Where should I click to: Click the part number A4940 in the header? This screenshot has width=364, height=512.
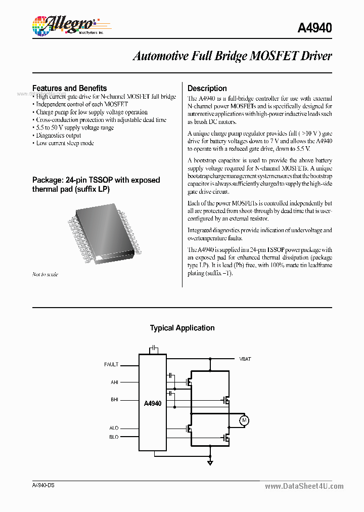tap(314, 28)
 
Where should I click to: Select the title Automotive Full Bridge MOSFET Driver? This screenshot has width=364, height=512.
tap(232, 56)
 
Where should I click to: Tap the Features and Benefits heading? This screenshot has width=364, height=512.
tap(69, 88)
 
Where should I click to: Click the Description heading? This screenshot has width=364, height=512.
tap(207, 88)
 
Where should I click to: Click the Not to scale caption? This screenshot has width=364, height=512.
tap(45, 274)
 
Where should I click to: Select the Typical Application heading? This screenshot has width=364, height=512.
tap(182, 328)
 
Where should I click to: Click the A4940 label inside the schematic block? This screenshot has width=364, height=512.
tap(152, 403)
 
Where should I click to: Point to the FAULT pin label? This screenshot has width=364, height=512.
tap(111, 364)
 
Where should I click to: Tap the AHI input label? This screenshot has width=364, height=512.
tap(114, 382)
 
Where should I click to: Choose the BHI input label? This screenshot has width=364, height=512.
tap(114, 400)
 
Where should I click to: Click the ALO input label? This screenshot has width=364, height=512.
tap(114, 428)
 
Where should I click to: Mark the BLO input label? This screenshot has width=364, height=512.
tap(114, 437)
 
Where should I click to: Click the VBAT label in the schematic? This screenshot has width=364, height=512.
tap(245, 359)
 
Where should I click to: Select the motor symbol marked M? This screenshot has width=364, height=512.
tap(244, 420)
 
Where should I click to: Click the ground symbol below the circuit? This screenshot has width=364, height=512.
tap(210, 462)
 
